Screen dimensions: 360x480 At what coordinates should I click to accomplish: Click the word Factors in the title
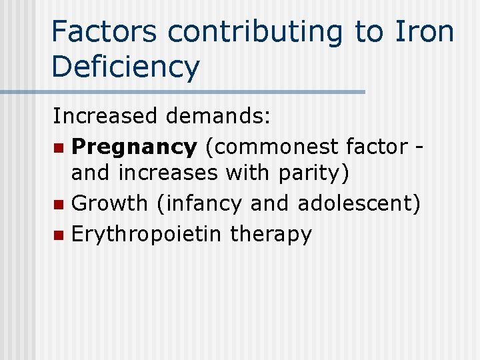tap(103, 31)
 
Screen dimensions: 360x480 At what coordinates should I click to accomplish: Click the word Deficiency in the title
tap(125, 67)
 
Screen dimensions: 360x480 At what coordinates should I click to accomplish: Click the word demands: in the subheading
tap(219, 116)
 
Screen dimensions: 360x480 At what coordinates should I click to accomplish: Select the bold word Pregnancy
tap(134, 146)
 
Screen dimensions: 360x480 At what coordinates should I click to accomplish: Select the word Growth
tap(111, 204)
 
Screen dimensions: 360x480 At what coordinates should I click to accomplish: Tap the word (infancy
tap(199, 204)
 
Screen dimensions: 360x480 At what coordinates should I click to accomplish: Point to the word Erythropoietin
tap(147, 234)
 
